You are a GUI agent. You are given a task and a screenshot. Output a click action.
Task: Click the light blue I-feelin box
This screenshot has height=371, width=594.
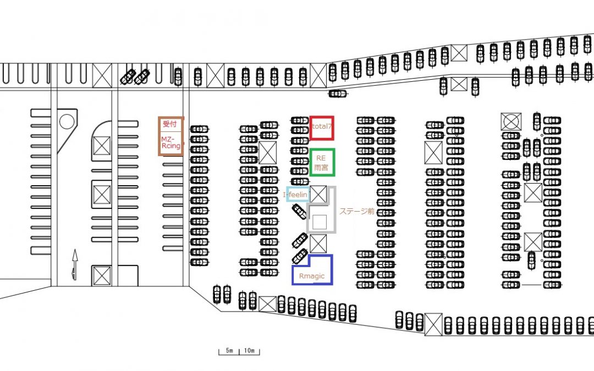[287, 194]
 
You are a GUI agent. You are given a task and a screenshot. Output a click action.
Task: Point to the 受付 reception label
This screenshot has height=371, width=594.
[170, 124]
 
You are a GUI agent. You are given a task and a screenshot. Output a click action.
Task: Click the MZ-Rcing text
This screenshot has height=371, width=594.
[170, 143]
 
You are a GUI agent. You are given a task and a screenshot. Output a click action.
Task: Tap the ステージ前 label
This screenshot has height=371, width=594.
[356, 211]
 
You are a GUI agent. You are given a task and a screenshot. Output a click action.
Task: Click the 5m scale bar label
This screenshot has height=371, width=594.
[229, 350]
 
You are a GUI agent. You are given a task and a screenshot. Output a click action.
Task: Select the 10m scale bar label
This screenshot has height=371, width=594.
[249, 350]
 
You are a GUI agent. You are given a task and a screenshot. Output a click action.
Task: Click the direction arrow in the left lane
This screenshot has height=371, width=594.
[75, 264]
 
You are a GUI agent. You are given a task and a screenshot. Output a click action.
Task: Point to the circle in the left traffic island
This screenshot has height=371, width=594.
[67, 121]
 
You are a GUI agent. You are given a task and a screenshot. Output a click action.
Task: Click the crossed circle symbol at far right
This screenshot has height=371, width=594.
[510, 122]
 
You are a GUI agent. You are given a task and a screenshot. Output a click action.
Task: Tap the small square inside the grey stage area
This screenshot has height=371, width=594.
[320, 222]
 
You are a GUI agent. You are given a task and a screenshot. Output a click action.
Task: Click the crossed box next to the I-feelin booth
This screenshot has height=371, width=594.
[318, 194]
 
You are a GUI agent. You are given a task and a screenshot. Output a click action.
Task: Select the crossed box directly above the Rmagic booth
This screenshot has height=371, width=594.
[318, 243]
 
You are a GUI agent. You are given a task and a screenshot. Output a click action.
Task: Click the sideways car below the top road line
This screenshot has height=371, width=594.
[338, 93]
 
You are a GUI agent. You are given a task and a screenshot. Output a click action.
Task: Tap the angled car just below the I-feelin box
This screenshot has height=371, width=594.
[299, 211]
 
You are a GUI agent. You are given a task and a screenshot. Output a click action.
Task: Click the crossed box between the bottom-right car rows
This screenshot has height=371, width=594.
[433, 324]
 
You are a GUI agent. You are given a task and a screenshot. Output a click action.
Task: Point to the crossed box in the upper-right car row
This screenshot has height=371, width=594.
[459, 53]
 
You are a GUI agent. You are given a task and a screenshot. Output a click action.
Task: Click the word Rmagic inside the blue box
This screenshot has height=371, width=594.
[312, 276]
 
